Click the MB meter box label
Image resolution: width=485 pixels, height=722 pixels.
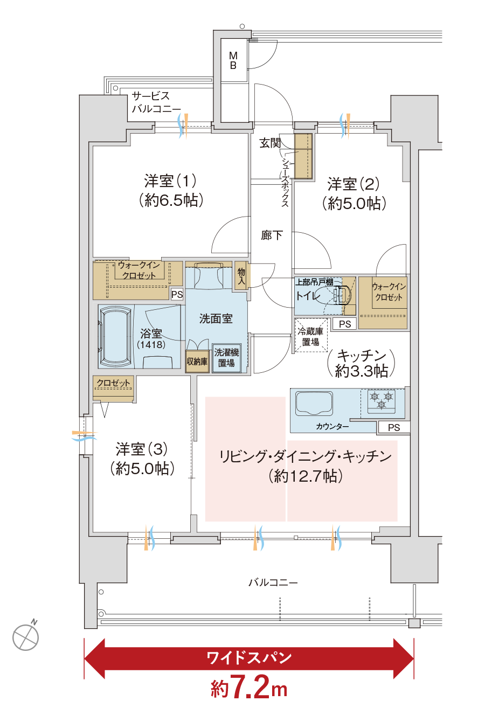233,60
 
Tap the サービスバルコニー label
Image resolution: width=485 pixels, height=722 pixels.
156,102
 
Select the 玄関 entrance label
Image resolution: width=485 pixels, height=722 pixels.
271,143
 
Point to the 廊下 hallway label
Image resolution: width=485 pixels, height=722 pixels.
272,235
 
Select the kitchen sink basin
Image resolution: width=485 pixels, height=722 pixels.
314,404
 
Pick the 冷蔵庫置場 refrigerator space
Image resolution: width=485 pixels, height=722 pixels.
311,336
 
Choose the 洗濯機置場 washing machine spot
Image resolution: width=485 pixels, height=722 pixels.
226,358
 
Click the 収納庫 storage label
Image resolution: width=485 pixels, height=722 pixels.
197,362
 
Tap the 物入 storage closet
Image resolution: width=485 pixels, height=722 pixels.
241,276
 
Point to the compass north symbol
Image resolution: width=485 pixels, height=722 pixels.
26,637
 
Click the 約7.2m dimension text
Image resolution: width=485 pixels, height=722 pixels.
249,688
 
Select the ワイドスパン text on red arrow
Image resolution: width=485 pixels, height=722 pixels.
249,657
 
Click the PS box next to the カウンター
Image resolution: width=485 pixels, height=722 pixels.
394,427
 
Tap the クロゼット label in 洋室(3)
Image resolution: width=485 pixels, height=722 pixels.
113,383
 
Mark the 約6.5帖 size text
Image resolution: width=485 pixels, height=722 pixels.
171,200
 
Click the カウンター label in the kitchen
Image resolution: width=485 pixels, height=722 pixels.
332,426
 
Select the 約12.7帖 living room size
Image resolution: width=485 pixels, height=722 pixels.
305,476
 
